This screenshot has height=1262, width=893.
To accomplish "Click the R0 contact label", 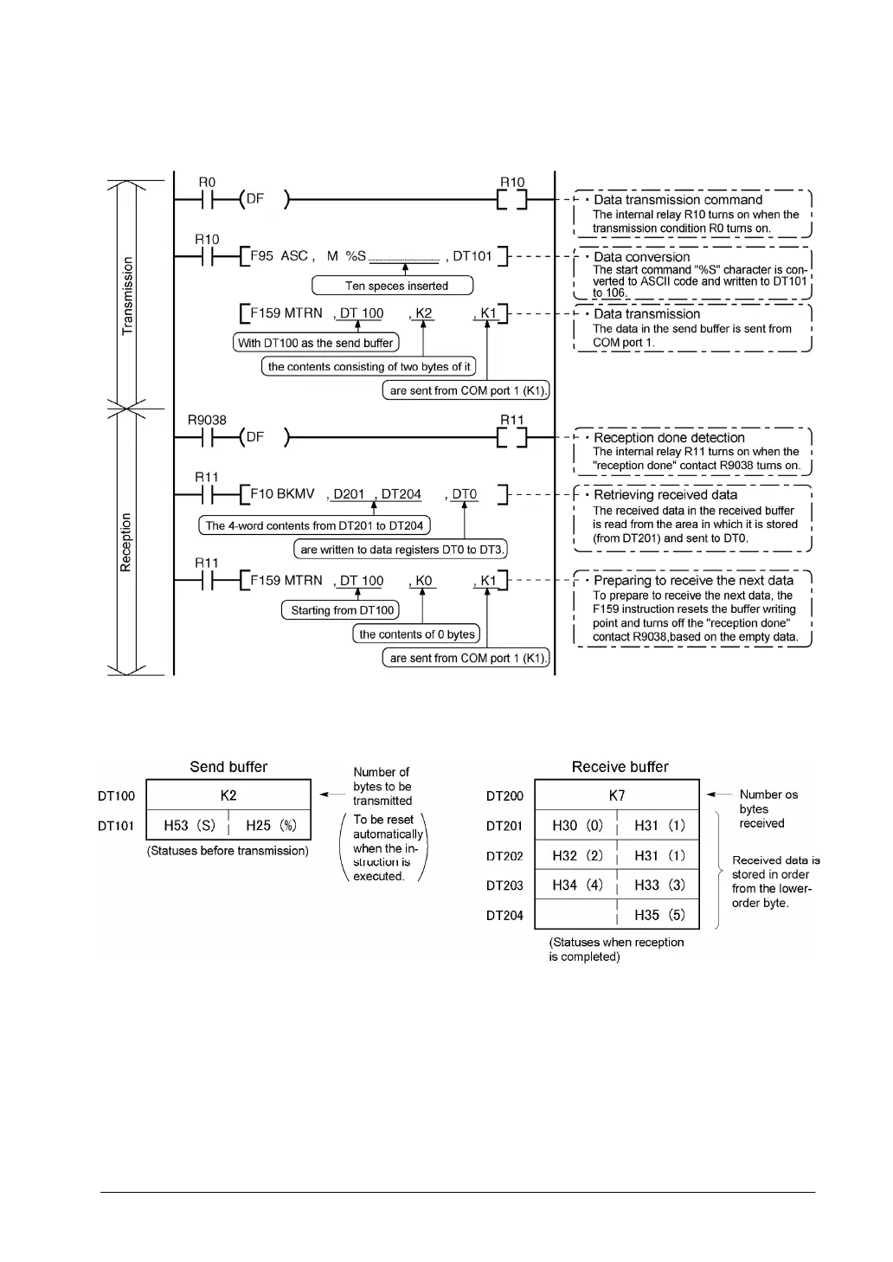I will (207, 183).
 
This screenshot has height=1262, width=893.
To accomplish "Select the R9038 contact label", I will (207, 420).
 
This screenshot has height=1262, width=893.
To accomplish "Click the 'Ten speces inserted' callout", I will (396, 286).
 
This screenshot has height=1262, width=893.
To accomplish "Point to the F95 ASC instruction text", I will (279, 256).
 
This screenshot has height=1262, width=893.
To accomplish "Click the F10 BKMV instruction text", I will (283, 494).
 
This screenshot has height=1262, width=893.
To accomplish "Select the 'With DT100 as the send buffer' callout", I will (316, 343).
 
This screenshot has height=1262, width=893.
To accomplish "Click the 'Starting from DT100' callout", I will (343, 610).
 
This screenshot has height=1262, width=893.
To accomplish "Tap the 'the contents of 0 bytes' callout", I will (417, 634).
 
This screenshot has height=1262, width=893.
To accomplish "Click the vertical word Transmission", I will (128, 296).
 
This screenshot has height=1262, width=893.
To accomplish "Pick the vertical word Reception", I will (127, 543).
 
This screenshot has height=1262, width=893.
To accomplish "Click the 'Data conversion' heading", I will (641, 257).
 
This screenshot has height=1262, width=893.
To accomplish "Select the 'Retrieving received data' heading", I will (665, 495).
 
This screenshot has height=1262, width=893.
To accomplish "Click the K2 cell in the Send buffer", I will (228, 795).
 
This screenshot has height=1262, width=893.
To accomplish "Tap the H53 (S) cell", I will (189, 826).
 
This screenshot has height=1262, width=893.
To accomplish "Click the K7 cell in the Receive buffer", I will (617, 795).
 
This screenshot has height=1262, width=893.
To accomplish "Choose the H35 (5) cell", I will (659, 915).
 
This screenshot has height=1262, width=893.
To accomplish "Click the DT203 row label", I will (504, 885).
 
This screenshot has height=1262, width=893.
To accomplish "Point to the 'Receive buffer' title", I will (620, 767).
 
